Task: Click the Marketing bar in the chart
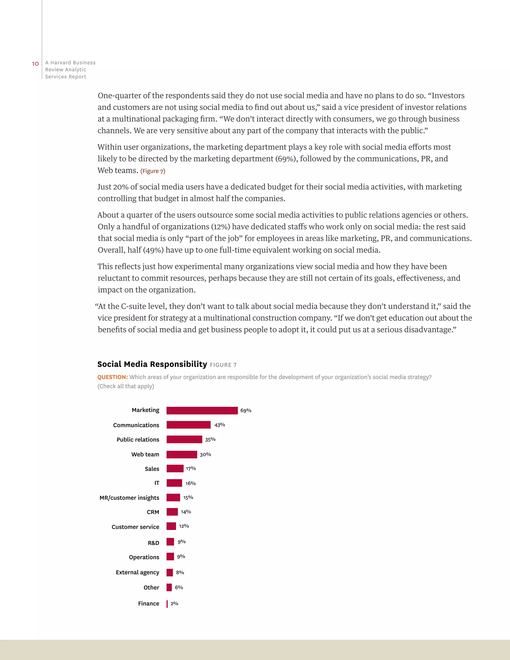click(x=202, y=410)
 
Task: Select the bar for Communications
click(x=188, y=425)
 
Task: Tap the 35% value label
click(x=210, y=439)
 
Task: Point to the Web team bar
click(x=182, y=454)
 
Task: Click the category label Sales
click(x=152, y=469)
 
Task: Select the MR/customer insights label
click(x=129, y=498)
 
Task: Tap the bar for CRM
click(x=172, y=512)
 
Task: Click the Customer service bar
click(x=171, y=526)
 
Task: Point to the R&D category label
click(x=153, y=543)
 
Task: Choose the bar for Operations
click(x=170, y=556)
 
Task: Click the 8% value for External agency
click(x=180, y=572)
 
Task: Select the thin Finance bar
click(x=167, y=603)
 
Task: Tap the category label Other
click(x=151, y=588)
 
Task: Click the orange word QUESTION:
click(x=112, y=377)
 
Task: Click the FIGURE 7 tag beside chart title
click(x=223, y=365)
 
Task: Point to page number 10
click(x=35, y=64)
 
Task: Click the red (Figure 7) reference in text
click(x=153, y=171)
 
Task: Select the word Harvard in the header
click(x=61, y=63)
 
